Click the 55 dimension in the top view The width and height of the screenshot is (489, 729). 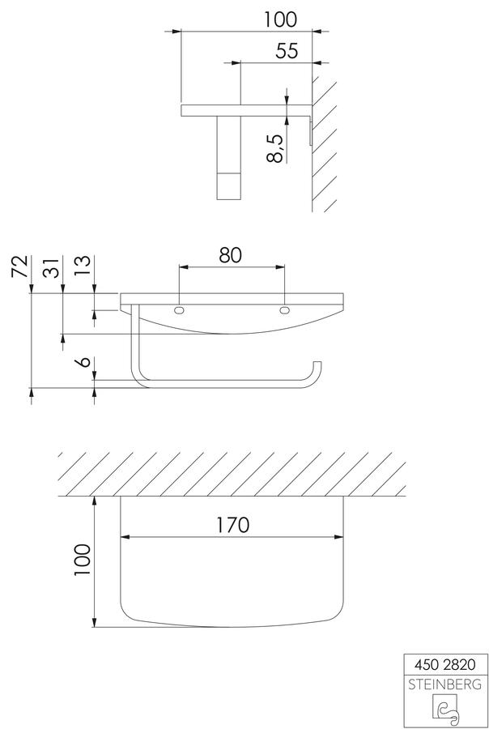click(x=287, y=50)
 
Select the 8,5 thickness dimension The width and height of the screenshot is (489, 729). click(x=275, y=148)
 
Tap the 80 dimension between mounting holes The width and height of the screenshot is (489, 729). click(x=231, y=255)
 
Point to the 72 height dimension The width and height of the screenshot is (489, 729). click(x=21, y=266)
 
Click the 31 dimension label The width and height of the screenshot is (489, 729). click(x=53, y=266)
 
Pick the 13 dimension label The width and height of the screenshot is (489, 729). click(x=84, y=266)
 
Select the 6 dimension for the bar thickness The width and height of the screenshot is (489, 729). click(x=84, y=362)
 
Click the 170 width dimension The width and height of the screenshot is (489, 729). click(x=232, y=525)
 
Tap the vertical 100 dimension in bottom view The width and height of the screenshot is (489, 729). click(x=83, y=560)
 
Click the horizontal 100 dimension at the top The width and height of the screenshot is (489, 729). click(x=280, y=19)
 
